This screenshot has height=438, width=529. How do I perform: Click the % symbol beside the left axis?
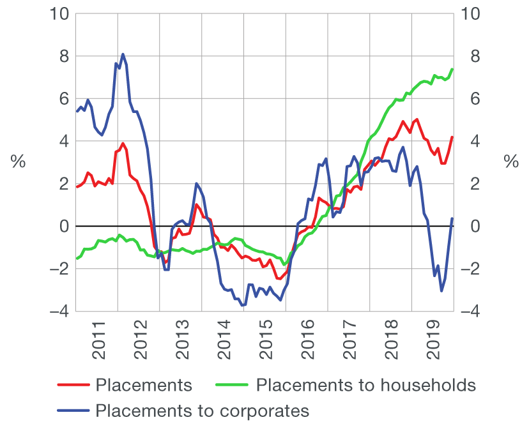click(18, 162)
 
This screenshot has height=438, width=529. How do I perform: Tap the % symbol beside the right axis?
click(511, 162)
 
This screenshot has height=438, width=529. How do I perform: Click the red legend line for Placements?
click(72, 385)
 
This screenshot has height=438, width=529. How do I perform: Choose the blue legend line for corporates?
click(72, 410)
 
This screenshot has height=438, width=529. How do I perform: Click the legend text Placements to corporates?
click(202, 410)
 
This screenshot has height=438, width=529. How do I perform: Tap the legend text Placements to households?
click(365, 385)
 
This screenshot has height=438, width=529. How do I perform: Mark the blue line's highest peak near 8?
click(123, 54)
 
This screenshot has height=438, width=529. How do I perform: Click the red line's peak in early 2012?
click(123, 143)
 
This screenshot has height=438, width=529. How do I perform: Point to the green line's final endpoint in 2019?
click(452, 69)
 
